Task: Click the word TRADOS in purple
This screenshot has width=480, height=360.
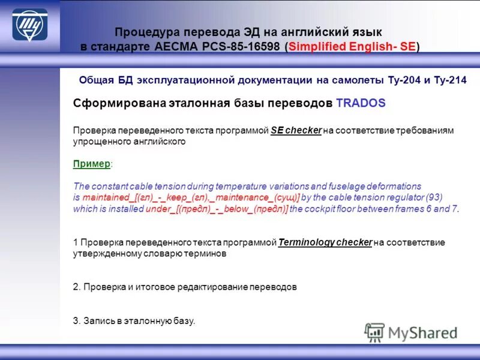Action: coord(361,103)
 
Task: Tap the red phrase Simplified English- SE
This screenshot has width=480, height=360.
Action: coord(352,47)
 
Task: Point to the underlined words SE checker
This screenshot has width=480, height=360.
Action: coord(296,130)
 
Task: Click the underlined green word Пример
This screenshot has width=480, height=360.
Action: coord(92,164)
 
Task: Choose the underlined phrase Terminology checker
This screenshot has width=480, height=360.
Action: coord(325,242)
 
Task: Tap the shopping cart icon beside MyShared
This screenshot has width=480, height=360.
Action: coord(374,332)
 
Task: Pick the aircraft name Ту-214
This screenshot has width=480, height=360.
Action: coord(451,80)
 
